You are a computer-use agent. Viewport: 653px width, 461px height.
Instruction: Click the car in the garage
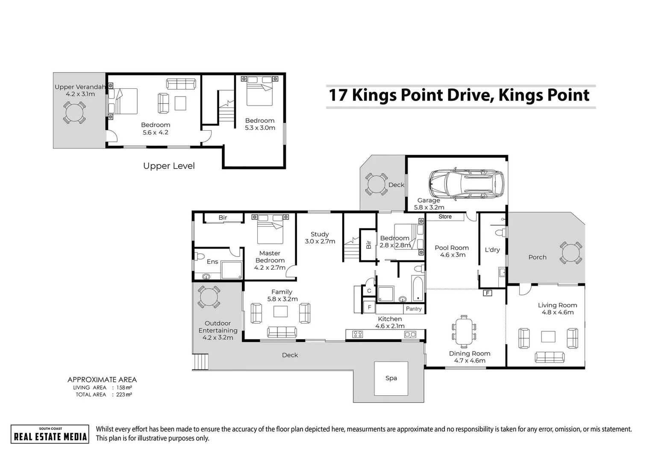467,184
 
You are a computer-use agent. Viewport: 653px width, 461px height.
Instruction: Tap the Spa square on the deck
391,378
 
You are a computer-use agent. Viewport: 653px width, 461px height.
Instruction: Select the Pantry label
414,309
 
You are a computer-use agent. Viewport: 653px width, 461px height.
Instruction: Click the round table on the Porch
571,253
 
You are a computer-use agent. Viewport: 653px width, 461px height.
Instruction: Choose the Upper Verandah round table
74,113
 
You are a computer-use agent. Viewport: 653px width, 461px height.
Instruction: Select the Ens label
212,262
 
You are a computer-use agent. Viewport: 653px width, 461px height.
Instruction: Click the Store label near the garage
445,217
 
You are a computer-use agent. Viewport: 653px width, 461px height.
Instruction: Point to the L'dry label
492,250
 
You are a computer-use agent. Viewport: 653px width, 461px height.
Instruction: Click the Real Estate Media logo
50,434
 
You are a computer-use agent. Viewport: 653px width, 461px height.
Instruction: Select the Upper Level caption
169,166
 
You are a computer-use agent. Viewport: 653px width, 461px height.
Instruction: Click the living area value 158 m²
124,388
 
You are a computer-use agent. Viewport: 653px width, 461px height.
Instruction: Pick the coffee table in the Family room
281,312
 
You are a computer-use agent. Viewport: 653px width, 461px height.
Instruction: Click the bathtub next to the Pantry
417,289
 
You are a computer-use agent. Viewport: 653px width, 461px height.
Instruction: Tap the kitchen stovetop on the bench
357,334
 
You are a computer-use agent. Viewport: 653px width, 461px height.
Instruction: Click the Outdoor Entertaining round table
209,297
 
